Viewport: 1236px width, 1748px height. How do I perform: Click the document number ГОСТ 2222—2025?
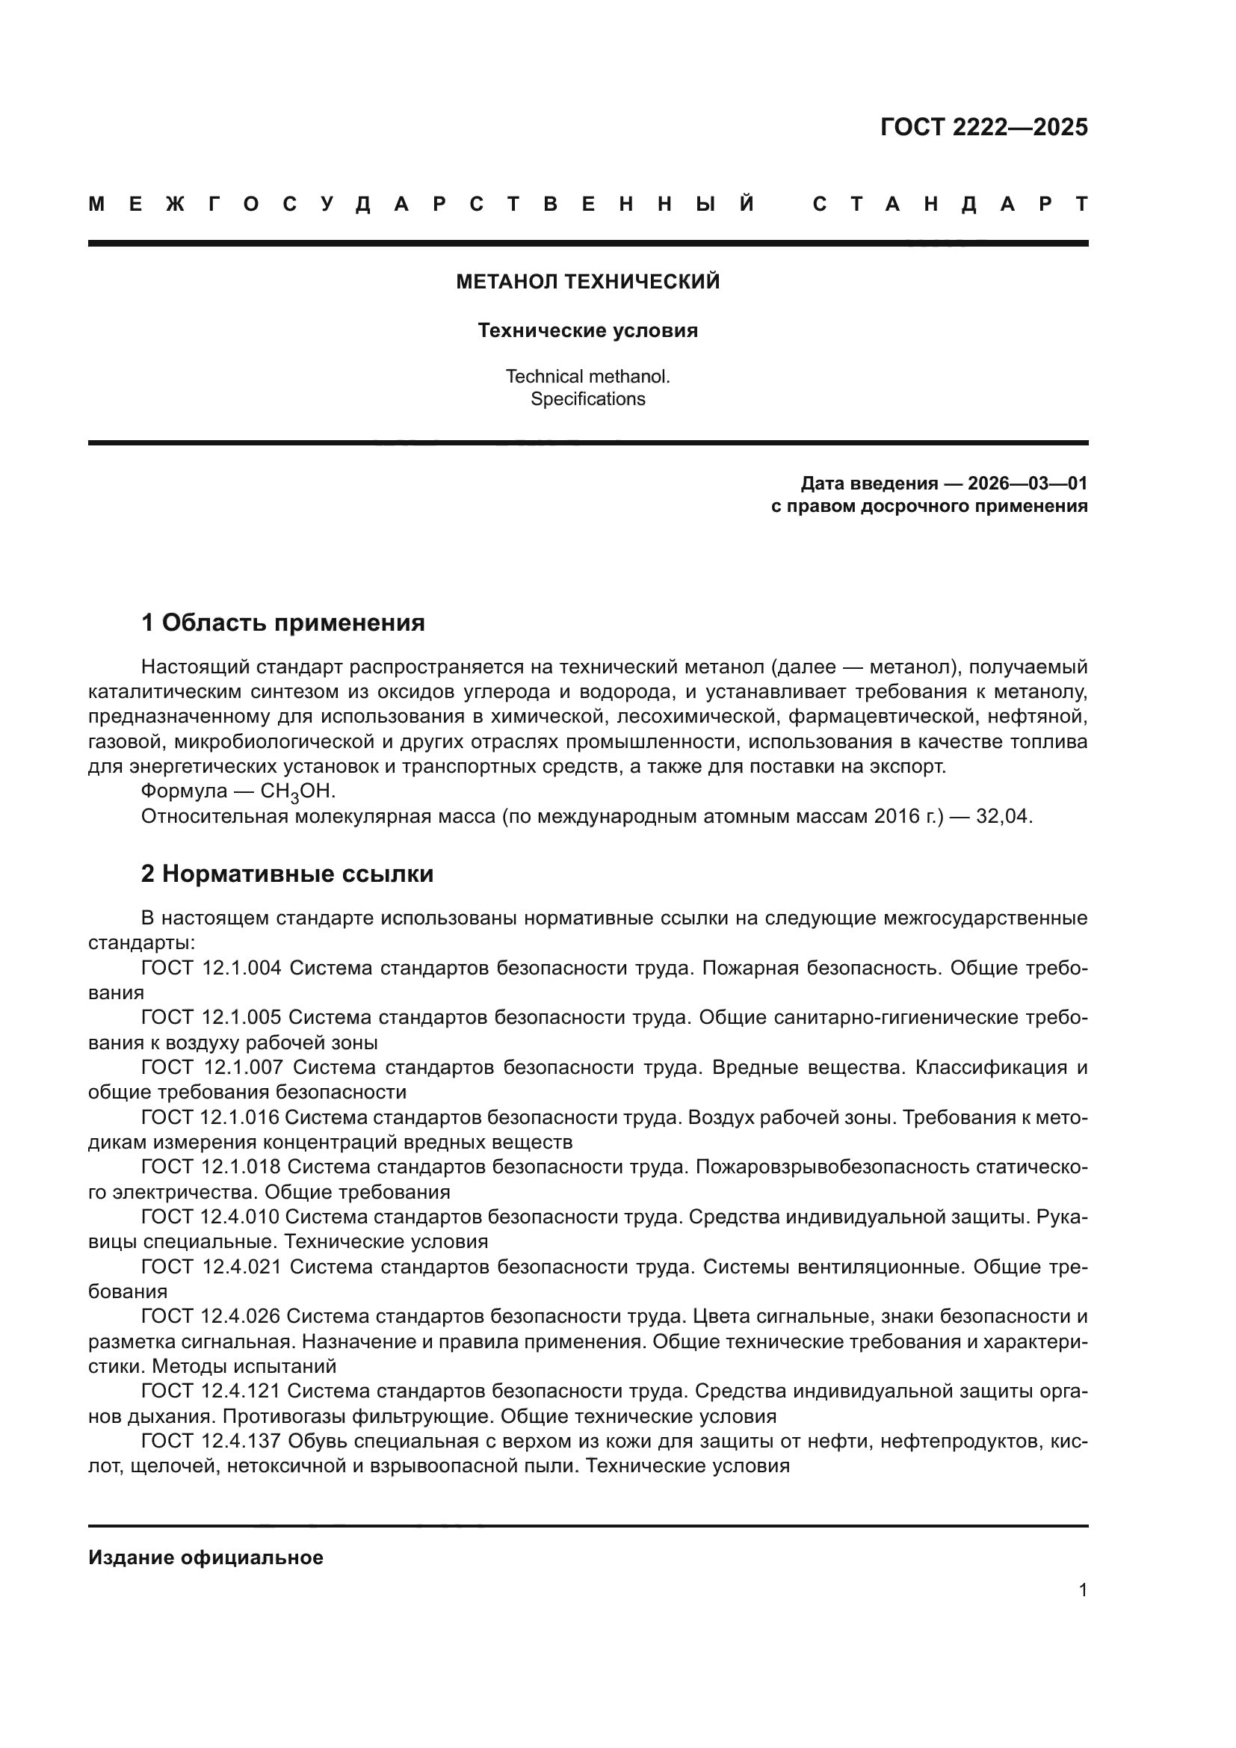983,127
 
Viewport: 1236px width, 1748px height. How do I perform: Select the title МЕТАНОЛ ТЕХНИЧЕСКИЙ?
587,282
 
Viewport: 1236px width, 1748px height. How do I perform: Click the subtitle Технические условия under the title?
587,331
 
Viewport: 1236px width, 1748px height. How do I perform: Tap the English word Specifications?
587,399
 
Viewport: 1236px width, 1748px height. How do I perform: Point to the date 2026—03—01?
1028,484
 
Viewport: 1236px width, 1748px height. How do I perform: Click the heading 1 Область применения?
283,623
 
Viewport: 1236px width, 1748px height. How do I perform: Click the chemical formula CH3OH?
297,791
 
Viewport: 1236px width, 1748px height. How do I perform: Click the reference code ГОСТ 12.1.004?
211,968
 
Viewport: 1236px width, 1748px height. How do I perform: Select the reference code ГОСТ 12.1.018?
211,1167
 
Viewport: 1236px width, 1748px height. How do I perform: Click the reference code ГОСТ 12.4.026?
211,1316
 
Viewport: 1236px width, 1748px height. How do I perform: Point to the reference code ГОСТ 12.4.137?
211,1441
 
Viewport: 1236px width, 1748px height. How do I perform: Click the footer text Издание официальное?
206,1557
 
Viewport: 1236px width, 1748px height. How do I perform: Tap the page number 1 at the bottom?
1082,1590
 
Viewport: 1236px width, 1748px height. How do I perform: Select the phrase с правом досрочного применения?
929,506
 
